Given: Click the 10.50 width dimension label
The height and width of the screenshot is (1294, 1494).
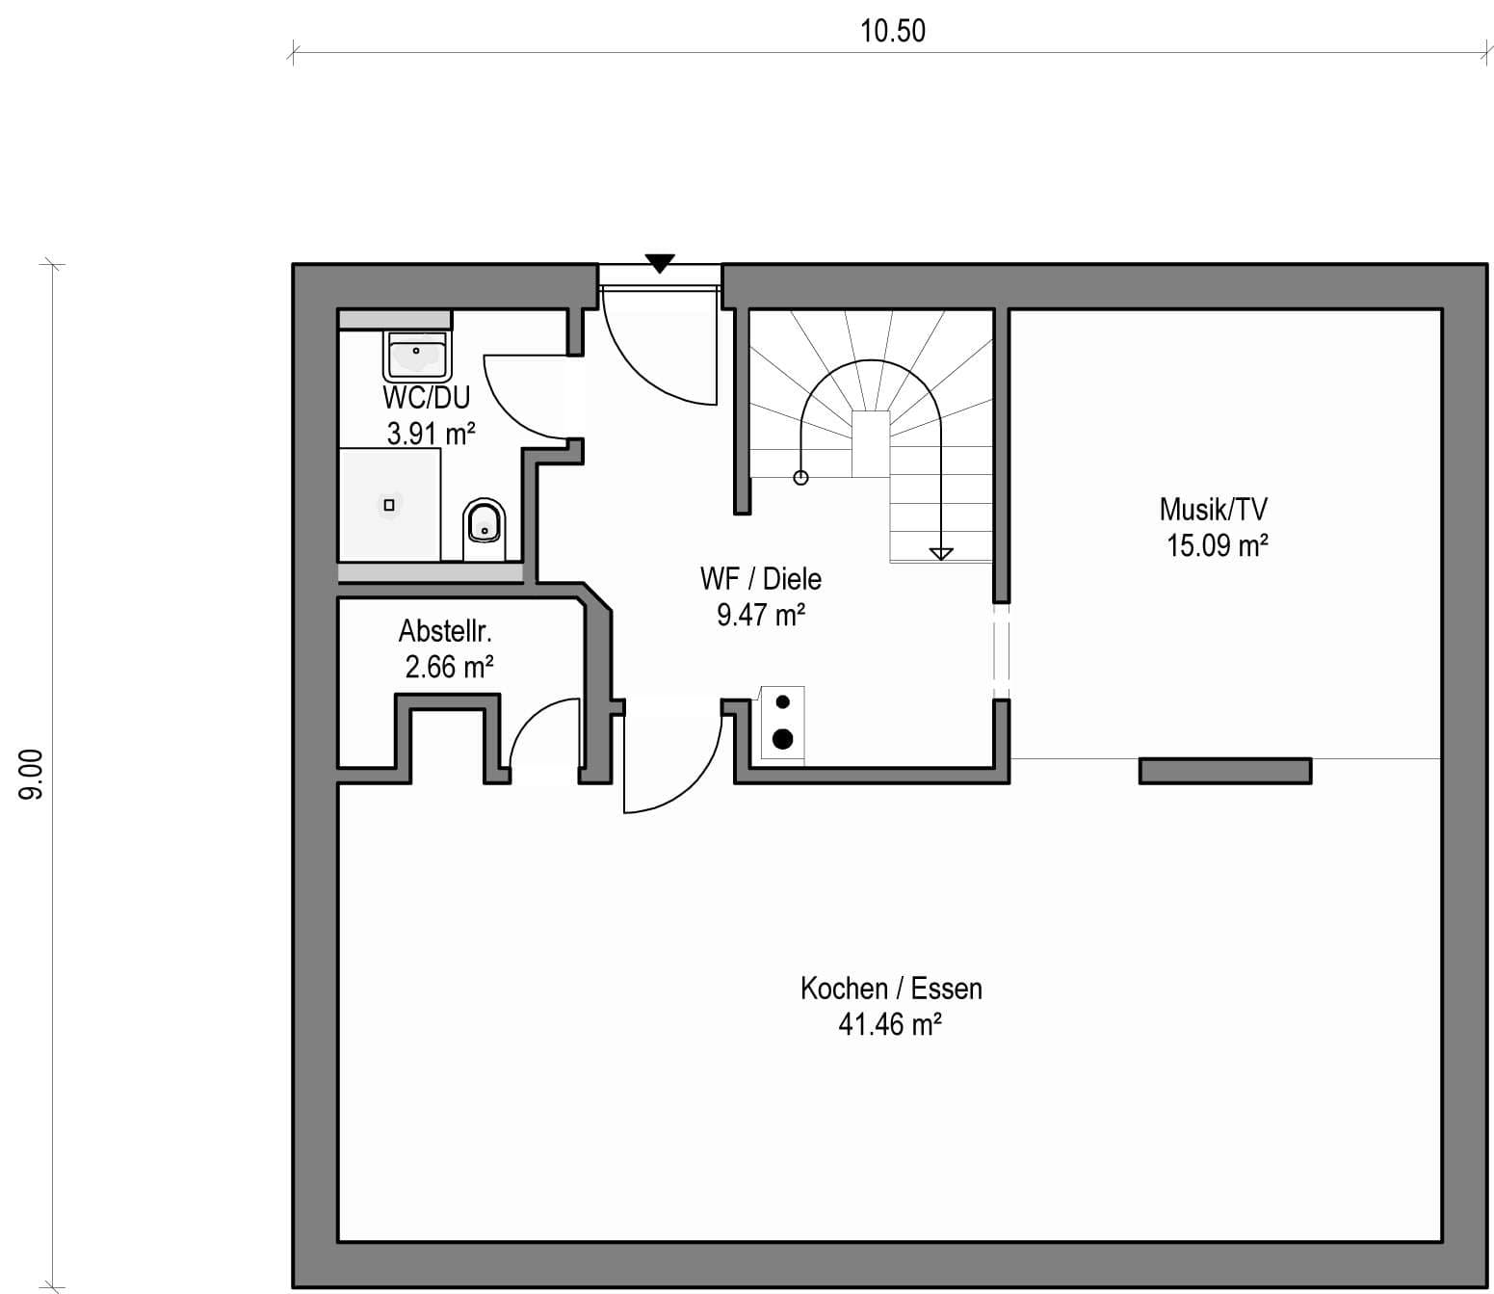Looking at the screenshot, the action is tap(893, 31).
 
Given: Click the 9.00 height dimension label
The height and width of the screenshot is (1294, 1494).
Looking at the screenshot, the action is tap(31, 775).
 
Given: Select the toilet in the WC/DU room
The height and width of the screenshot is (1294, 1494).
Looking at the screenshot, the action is tap(484, 529).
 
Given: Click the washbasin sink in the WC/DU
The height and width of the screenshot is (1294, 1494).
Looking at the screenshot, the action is tap(416, 356).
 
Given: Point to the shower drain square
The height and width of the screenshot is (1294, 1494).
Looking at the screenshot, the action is tap(389, 505).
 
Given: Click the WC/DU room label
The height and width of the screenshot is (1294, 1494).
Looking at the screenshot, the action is tap(427, 397).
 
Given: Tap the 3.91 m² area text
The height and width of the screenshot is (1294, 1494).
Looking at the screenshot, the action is tap(431, 434).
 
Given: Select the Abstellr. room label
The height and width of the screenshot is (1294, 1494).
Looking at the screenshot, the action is tap(445, 631).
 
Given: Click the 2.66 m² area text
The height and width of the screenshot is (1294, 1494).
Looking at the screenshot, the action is tap(449, 668).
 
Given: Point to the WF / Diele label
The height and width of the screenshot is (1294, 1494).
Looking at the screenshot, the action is tap(760, 579).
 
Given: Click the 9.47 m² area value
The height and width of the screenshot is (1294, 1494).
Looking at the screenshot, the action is tap(761, 615).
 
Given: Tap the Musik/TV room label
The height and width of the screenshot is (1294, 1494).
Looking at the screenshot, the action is tap(1214, 510).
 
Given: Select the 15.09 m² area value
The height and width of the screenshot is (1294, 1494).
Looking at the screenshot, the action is tap(1218, 545).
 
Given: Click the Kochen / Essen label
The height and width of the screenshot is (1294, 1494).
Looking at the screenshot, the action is tap(891, 989).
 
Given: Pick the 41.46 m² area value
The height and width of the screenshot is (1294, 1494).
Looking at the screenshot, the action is tap(890, 1024).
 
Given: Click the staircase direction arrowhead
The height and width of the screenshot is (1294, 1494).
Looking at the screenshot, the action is tap(940, 554).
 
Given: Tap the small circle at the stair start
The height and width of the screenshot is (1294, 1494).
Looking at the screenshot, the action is tap(800, 478).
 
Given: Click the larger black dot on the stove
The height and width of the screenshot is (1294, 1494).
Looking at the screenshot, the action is tap(783, 739).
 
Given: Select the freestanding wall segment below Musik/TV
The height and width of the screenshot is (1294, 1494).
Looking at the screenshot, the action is tap(1225, 771).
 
